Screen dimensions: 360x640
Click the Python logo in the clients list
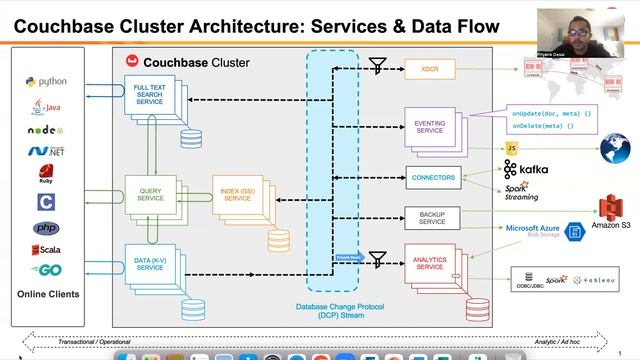coord(47,82)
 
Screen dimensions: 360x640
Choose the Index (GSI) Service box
coord(237,194)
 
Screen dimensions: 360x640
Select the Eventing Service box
coord(430,128)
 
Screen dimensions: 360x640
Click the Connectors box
coord(432,178)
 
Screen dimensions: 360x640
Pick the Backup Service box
coord(432,217)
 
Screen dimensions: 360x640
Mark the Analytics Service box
coord(430,263)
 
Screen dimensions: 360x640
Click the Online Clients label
coord(48,294)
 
